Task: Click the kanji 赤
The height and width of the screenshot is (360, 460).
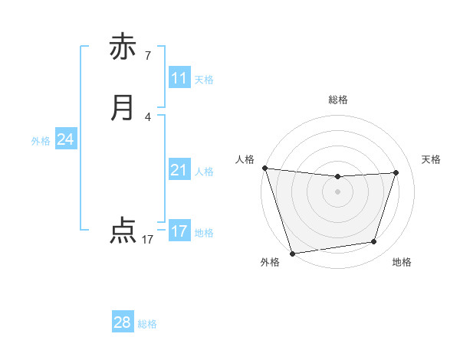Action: point(122,47)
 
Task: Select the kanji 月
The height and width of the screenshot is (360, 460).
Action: point(122,107)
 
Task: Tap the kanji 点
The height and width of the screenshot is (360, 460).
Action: point(122,230)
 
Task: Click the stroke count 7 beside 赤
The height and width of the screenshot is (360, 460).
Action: point(147,55)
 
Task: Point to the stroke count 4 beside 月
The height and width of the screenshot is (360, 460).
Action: point(147,116)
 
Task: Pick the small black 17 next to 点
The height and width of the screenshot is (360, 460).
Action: point(147,240)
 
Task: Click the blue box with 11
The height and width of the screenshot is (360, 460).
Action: point(179,77)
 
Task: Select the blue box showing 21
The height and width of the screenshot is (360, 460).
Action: point(179,170)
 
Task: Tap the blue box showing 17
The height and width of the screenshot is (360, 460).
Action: point(179,231)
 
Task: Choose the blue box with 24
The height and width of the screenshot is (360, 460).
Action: point(66,139)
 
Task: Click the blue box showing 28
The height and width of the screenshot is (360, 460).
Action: point(123,322)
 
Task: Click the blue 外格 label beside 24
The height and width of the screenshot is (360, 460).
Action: point(41,141)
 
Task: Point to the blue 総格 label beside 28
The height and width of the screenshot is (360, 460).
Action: point(147,324)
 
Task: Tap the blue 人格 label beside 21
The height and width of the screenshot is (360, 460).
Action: point(204,172)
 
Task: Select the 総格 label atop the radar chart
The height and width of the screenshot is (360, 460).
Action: point(338,100)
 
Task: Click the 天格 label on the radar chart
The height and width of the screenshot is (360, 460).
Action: point(431,159)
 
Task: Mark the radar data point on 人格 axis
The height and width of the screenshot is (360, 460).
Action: point(264,168)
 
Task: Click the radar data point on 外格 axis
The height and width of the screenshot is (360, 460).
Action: point(292,252)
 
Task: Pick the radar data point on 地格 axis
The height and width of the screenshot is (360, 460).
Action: point(374,242)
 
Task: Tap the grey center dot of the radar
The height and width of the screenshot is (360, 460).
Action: point(337,191)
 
